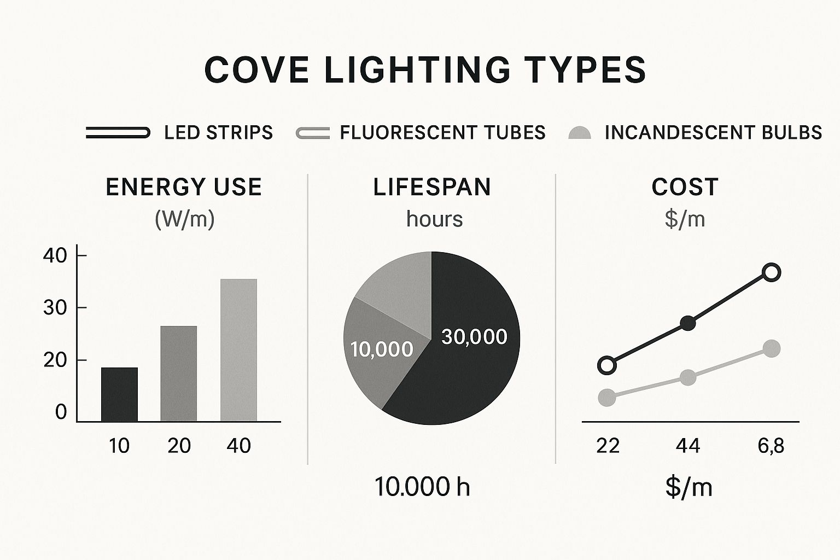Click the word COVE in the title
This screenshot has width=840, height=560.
[256, 70]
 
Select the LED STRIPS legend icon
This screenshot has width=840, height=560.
[118, 132]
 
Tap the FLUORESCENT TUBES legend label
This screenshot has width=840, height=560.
[442, 132]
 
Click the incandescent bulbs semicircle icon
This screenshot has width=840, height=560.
[579, 133]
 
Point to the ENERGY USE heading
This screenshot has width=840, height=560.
[184, 187]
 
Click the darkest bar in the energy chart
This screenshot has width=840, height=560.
[119, 395]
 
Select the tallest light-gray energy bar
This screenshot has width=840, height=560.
[238, 351]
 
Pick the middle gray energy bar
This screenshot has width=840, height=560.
[178, 374]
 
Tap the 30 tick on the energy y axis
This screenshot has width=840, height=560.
[55, 308]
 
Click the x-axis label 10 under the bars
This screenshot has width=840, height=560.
[119, 446]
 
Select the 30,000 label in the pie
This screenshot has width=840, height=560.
[474, 337]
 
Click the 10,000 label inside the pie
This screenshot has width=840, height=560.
[382, 349]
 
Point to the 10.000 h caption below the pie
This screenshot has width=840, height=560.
[422, 487]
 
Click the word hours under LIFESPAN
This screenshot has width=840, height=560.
[435, 219]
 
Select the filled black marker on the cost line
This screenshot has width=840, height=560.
[688, 323]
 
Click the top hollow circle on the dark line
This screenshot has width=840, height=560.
[772, 272]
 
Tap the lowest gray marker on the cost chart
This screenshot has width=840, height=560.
[607, 398]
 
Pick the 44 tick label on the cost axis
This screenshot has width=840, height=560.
[688, 446]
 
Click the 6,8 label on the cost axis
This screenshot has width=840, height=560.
[771, 446]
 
